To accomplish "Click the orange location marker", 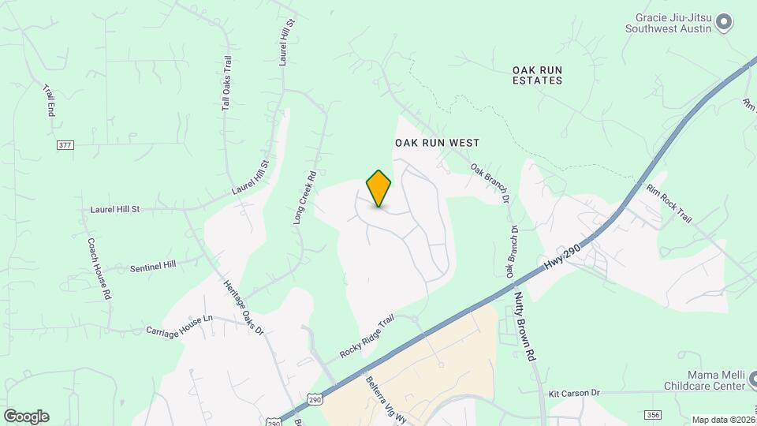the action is pyautogui.click(x=378, y=188).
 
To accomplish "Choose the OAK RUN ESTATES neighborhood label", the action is pyautogui.click(x=537, y=75).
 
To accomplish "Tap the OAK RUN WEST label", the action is pyautogui.click(x=437, y=143).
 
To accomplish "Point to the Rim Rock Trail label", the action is pyautogui.click(x=669, y=204).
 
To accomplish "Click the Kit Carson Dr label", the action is pyautogui.click(x=574, y=393).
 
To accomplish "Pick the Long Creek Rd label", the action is pyautogui.click(x=304, y=199).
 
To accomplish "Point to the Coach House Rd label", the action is pyautogui.click(x=98, y=268).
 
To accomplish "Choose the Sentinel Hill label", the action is pyautogui.click(x=154, y=267).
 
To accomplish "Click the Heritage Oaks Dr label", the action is pyautogui.click(x=243, y=308).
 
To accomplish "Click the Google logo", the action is pyautogui.click(x=26, y=417).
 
